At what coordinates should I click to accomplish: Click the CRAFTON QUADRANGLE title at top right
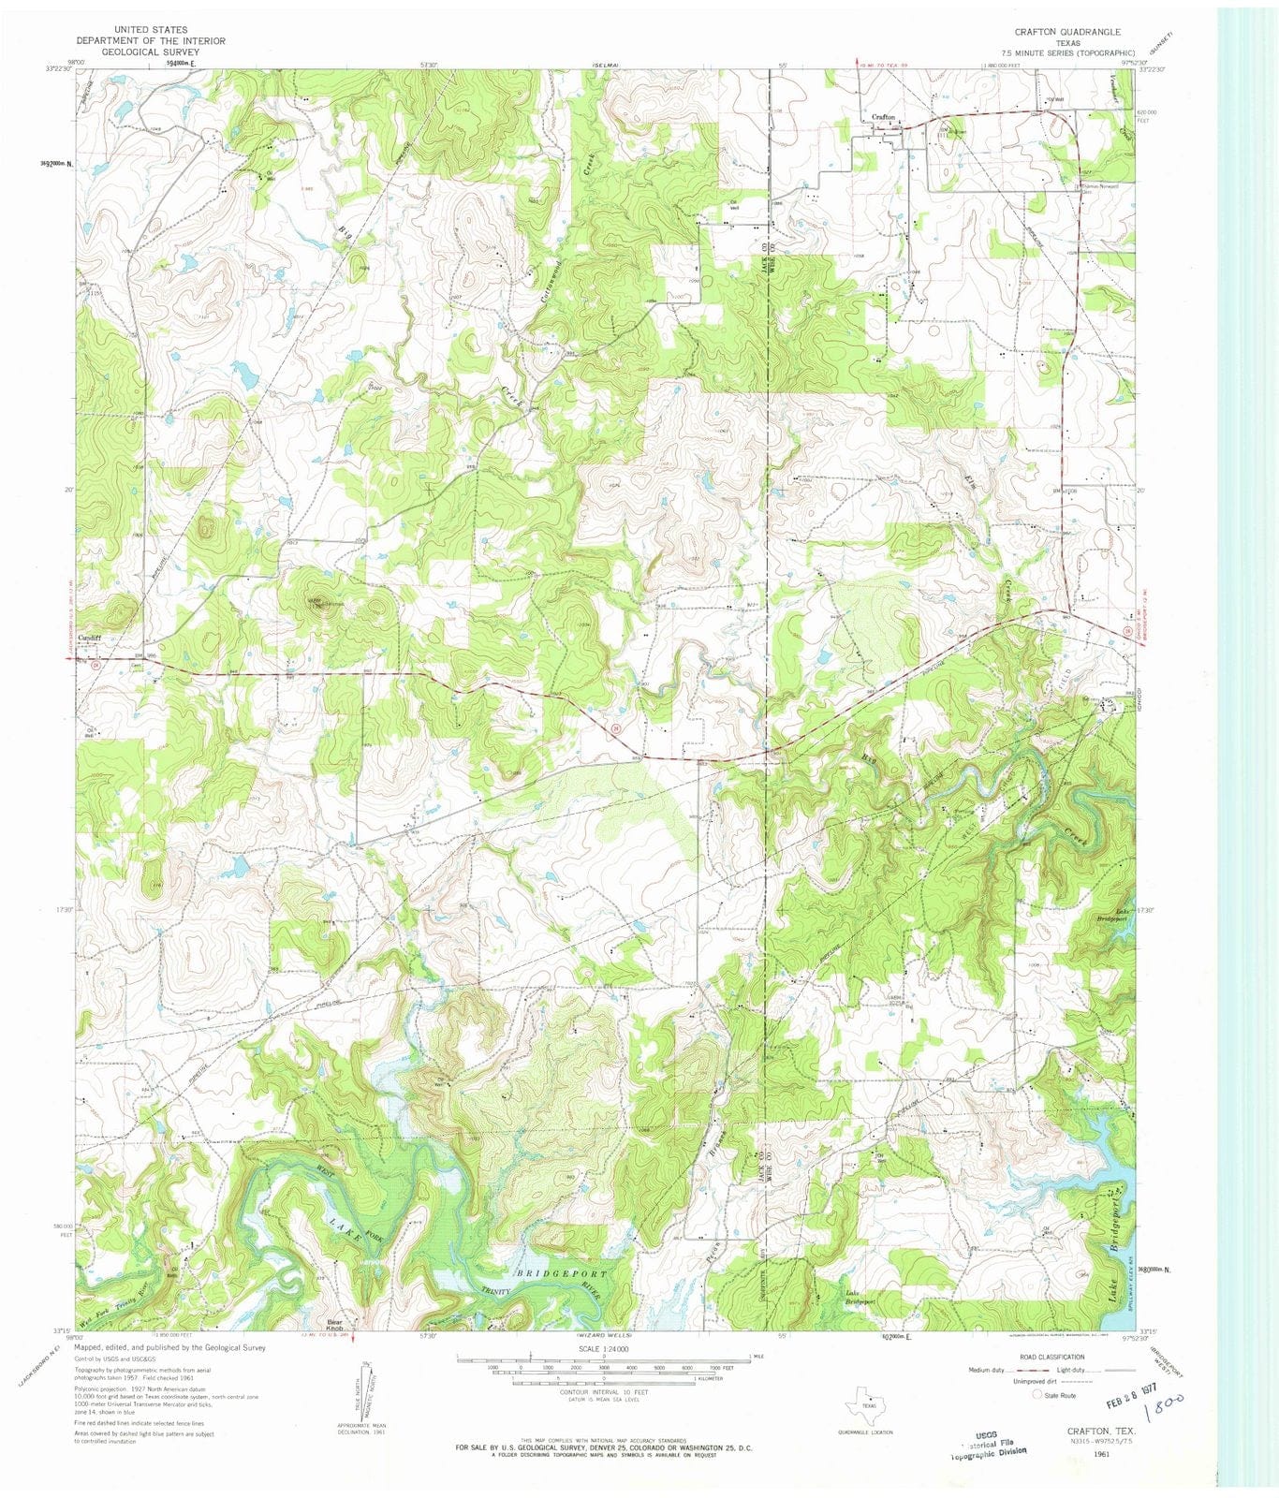coord(1067,32)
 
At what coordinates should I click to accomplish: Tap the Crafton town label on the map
coord(884,117)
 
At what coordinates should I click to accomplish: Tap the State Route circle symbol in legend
coord(1036,1395)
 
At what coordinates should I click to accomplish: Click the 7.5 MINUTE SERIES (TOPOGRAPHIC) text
coord(1067,53)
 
